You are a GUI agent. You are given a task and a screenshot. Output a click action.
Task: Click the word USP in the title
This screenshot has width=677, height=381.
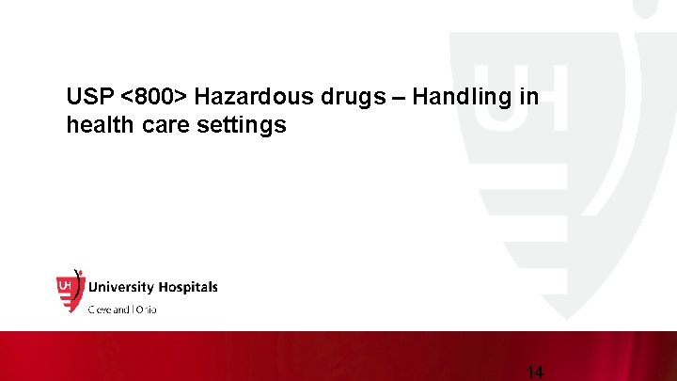(88, 97)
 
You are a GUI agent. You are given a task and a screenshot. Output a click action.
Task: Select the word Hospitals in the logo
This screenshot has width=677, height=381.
(188, 287)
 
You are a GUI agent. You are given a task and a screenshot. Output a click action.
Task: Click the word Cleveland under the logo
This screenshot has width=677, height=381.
(110, 309)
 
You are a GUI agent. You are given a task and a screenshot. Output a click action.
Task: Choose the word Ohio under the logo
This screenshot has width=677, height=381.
(146, 309)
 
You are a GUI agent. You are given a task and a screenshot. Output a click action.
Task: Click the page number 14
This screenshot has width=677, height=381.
(535, 372)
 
